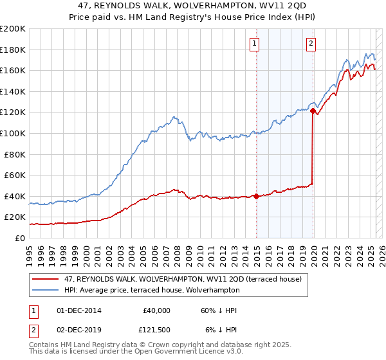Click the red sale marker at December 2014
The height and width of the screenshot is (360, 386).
tap(256, 196)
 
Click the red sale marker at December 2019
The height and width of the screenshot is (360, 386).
tap(313, 111)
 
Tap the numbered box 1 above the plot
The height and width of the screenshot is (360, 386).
tap(255, 44)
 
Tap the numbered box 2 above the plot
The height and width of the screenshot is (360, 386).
tap(311, 44)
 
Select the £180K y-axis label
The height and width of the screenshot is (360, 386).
tap(13, 50)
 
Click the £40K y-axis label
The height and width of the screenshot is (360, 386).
tap(15, 196)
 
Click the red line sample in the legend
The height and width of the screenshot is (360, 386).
tap(46, 278)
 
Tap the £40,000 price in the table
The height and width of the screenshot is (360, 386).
tap(156, 310)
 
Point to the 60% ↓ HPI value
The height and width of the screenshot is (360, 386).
tap(219, 310)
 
